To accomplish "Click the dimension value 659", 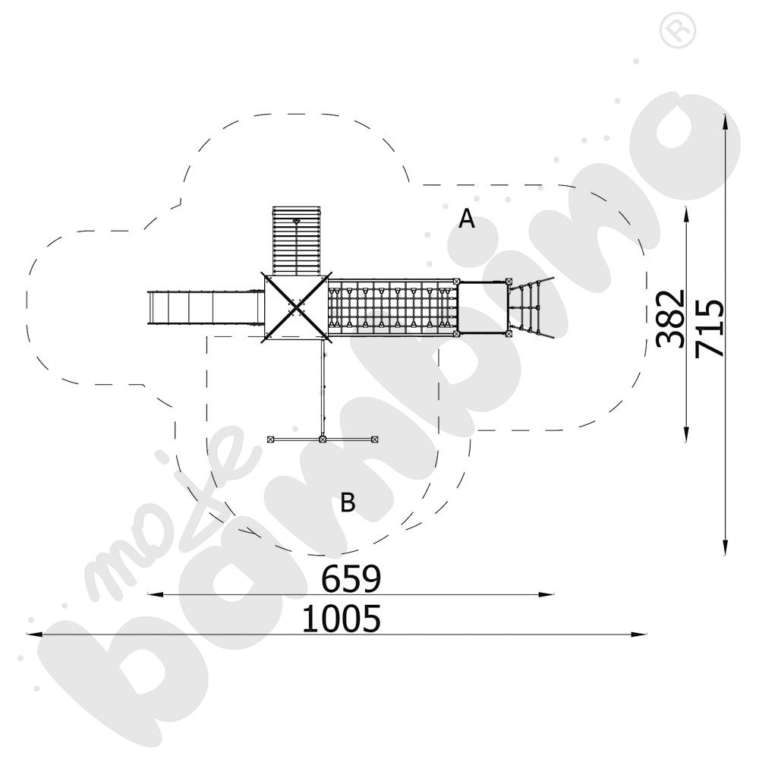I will pyautogui.click(x=351, y=579).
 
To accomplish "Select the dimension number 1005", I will pyautogui.click(x=341, y=620).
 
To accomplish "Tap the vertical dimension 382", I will pyautogui.click(x=671, y=318).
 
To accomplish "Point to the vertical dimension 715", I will pyautogui.click(x=710, y=328).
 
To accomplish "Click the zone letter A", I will pyautogui.click(x=467, y=219).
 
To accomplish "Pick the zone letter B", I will pyautogui.click(x=348, y=502).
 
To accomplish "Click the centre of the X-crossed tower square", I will pyautogui.click(x=294, y=307).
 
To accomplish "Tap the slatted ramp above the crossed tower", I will pyautogui.click(x=294, y=240).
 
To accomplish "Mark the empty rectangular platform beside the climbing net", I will pyautogui.click(x=483, y=307).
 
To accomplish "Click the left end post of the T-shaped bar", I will pyautogui.click(x=271, y=439).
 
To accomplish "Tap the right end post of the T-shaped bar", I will pyautogui.click(x=375, y=439).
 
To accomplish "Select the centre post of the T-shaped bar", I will pyautogui.click(x=323, y=439).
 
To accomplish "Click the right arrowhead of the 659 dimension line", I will pyautogui.click(x=551, y=594).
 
